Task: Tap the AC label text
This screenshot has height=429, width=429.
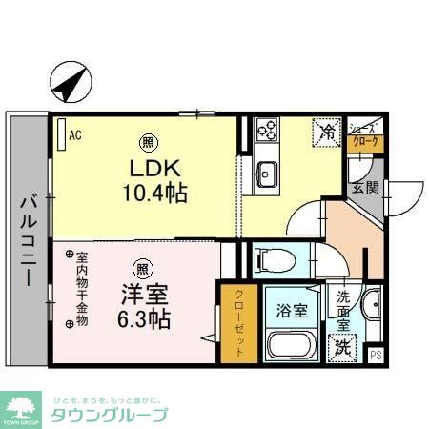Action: [x=75, y=135]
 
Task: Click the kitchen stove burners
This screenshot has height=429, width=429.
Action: [x=266, y=130]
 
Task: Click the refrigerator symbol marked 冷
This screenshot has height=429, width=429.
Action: [x=326, y=131]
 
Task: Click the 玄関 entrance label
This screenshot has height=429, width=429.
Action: [x=363, y=187]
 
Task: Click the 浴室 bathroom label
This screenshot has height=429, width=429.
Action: [x=293, y=310]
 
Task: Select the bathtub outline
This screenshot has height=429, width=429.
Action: [x=292, y=345]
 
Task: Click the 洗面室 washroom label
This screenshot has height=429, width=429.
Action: [x=343, y=310]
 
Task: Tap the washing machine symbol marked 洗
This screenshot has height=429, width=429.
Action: [x=341, y=350]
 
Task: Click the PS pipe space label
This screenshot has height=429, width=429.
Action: [x=375, y=357]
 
